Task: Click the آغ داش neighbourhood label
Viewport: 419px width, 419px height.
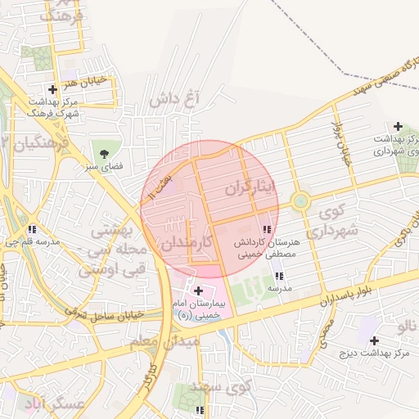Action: (176, 100)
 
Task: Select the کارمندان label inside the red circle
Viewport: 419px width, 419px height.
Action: (187, 243)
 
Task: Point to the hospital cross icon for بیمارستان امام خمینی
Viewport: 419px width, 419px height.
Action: (198, 291)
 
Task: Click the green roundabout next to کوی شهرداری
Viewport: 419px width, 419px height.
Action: (300, 200)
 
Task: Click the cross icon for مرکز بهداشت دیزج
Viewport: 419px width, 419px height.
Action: (374, 340)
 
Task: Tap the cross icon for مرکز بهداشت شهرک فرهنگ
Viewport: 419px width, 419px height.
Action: (53, 89)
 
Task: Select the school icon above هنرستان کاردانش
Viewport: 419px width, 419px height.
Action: (268, 229)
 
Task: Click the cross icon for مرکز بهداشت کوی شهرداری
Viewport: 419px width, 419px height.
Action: (398, 126)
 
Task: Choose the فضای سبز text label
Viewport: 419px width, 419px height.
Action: (103, 166)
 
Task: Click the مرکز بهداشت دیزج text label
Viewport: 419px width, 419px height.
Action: (374, 354)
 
